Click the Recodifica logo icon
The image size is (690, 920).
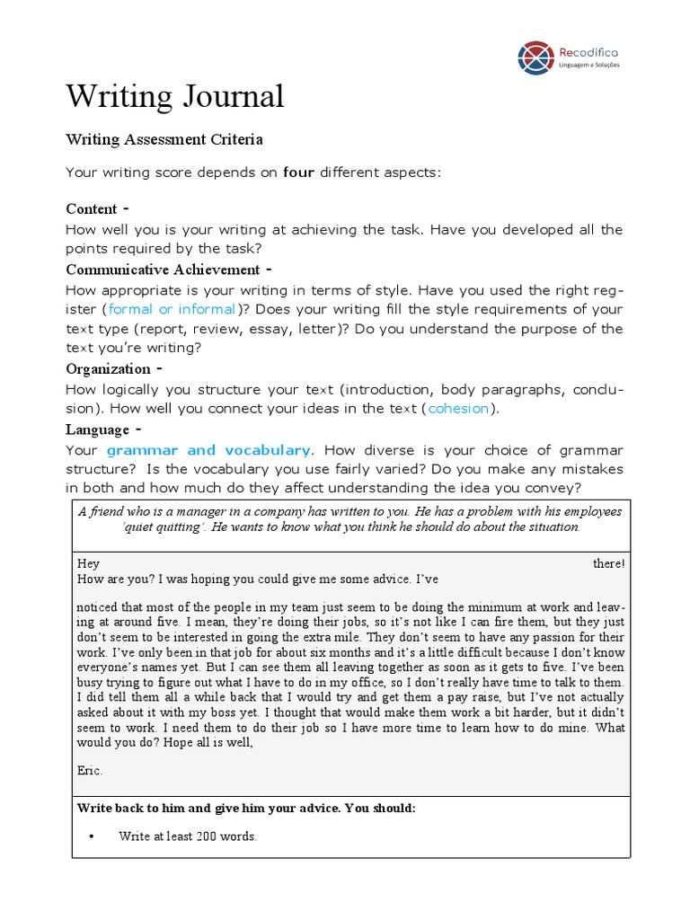coord(536,57)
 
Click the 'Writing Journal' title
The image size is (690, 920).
coord(175,96)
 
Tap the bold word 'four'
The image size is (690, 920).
coord(298,172)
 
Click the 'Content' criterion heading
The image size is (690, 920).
coord(92,209)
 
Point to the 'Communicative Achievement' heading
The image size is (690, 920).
coord(163,270)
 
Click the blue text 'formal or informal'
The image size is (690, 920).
coord(172,309)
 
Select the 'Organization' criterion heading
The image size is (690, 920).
coord(108,368)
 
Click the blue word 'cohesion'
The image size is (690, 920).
coord(458,408)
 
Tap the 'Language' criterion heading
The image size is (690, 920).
coord(98,429)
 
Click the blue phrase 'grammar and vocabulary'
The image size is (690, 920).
coord(208,449)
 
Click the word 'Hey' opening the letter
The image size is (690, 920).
coord(88,563)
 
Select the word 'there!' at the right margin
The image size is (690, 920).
coord(608,563)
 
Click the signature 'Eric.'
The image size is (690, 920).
coord(90,770)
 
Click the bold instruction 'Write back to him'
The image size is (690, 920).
coord(131,808)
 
